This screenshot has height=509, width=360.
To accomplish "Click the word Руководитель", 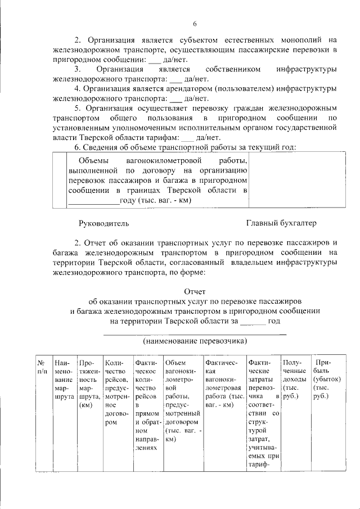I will (x=104, y=223).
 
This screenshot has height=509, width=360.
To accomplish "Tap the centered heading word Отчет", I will (x=195, y=291).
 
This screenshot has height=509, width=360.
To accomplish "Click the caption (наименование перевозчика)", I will (x=195, y=341).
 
